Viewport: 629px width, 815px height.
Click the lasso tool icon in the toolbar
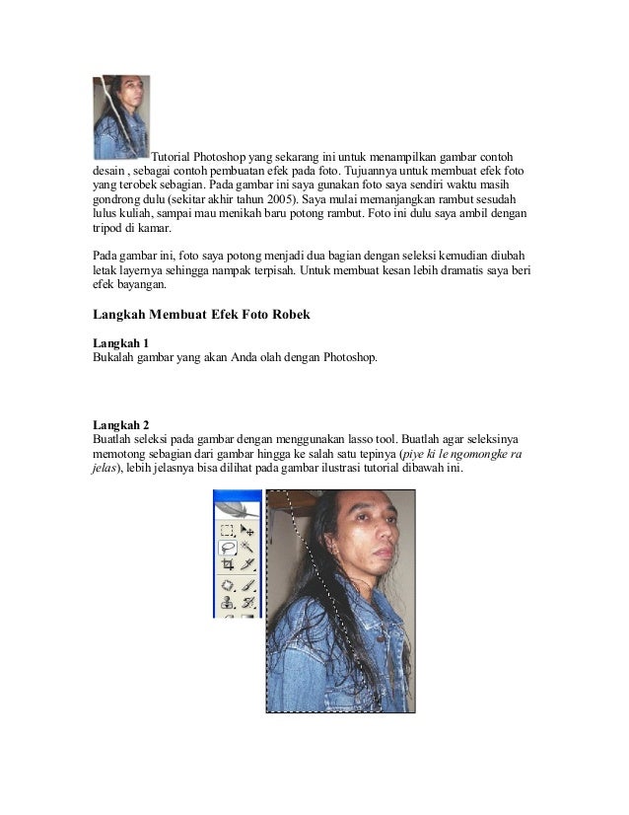click(x=227, y=547)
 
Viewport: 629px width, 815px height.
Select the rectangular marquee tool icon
click(x=227, y=529)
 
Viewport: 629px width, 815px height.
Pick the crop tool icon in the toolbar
click(x=227, y=565)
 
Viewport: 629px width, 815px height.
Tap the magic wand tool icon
click(x=247, y=547)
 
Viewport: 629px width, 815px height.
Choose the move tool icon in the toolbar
click(x=247, y=529)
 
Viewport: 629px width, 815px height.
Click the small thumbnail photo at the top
click(x=120, y=117)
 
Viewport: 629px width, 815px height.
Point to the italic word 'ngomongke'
click(x=485, y=452)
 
